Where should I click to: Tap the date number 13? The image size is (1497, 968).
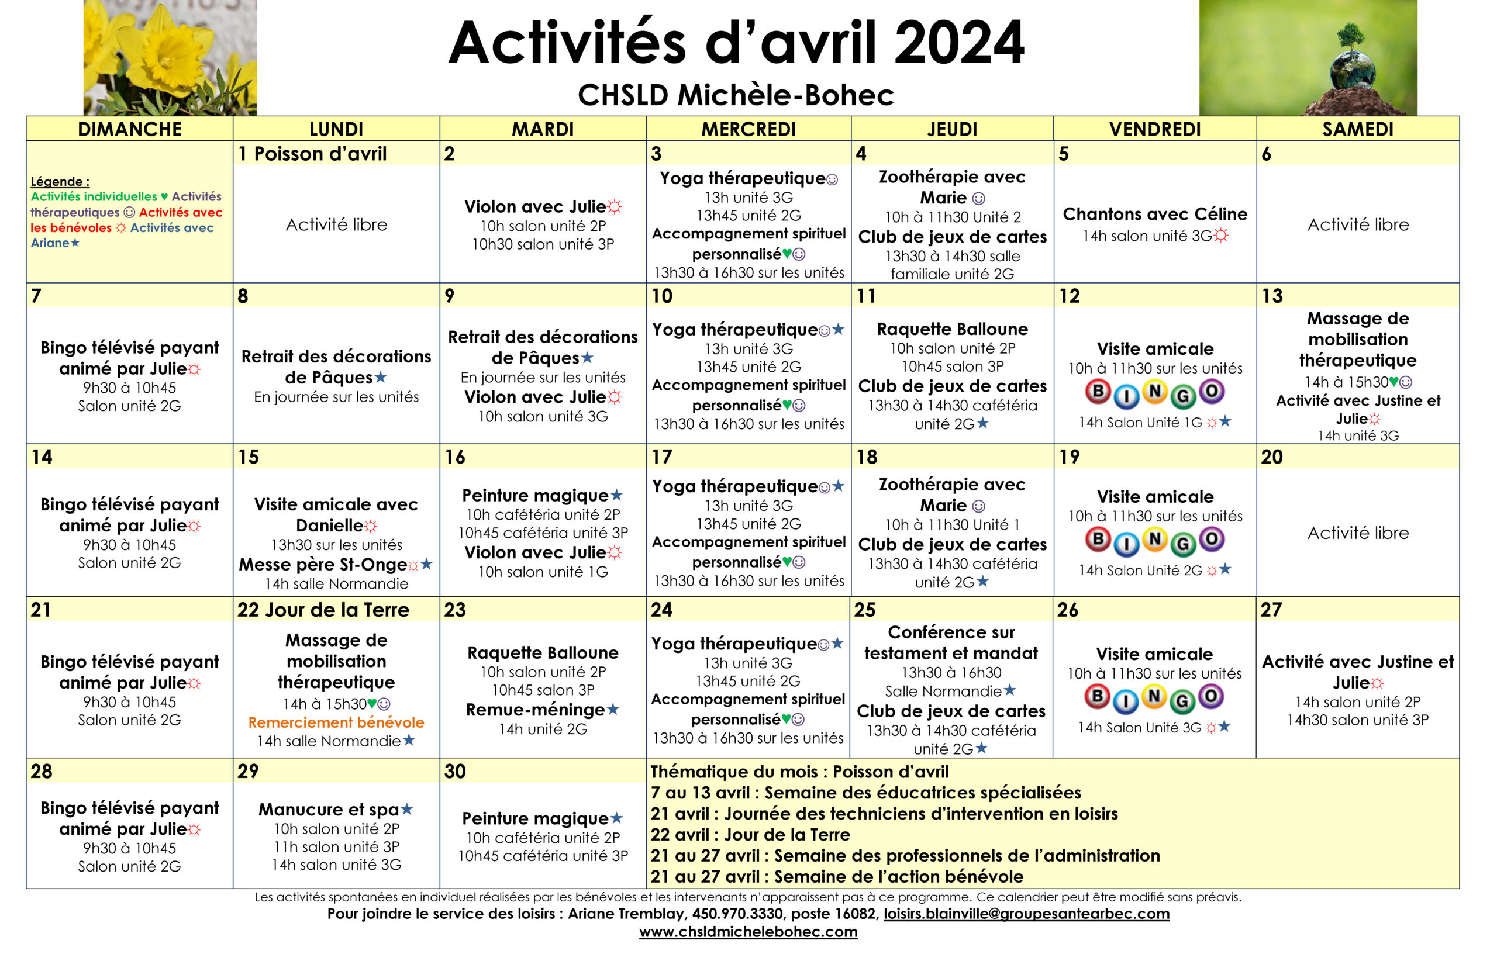click(x=1271, y=296)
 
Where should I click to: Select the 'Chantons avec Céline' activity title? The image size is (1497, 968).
click(x=1154, y=215)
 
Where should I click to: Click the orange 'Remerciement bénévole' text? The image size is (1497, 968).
click(x=336, y=722)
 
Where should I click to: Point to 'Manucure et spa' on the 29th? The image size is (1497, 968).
click(x=328, y=809)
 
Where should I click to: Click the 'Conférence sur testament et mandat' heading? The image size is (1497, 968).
click(x=951, y=642)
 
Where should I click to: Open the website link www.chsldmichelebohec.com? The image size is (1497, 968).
click(x=748, y=932)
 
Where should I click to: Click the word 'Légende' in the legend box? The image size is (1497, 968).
click(x=59, y=182)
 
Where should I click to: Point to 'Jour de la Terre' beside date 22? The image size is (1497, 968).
click(x=337, y=610)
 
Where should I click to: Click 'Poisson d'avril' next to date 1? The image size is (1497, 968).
click(x=320, y=154)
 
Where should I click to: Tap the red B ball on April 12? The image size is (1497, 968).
click(x=1097, y=392)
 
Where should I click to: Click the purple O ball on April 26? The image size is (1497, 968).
click(x=1211, y=696)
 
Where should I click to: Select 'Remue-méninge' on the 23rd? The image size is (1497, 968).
click(x=535, y=710)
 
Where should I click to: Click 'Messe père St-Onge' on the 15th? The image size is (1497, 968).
click(x=323, y=565)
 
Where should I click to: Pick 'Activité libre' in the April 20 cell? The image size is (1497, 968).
click(x=1357, y=533)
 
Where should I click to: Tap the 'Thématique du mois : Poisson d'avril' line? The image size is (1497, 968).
click(x=798, y=772)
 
